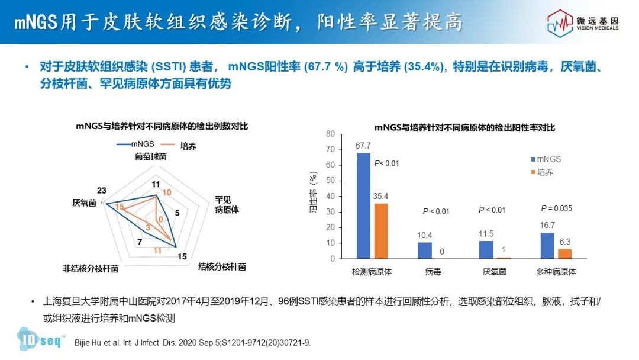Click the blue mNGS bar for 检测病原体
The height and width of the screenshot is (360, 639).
[363, 205]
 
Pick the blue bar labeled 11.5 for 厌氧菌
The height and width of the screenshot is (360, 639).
[486, 250]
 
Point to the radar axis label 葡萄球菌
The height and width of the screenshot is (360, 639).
[150, 157]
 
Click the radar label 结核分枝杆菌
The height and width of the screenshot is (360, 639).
[221, 267]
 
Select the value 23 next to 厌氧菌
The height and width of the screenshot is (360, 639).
[102, 190]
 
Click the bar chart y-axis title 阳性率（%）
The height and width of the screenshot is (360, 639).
[314, 192]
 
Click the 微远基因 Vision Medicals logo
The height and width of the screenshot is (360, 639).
[582, 22]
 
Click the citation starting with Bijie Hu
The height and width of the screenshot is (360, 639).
[192, 343]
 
